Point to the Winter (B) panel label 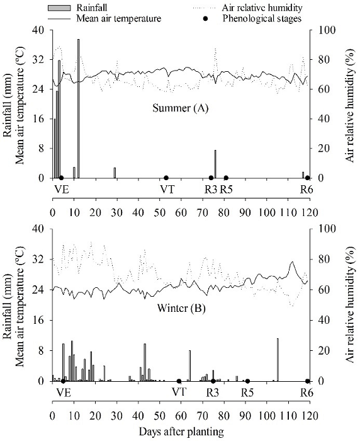pyautogui.click(x=180, y=309)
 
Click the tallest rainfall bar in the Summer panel pyautogui.click(x=79, y=108)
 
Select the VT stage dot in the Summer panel pyautogui.click(x=166, y=178)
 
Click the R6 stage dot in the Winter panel pyautogui.click(x=307, y=381)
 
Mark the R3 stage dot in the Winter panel pyautogui.click(x=213, y=381)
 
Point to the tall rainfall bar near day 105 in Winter pyautogui.click(x=278, y=360)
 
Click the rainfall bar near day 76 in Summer pyautogui.click(x=215, y=164)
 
